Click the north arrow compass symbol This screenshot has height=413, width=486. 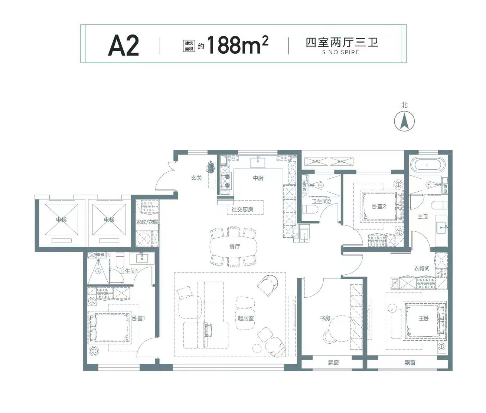coord(404,121)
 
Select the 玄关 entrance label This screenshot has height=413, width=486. coord(196,178)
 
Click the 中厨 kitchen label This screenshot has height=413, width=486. coord(258,178)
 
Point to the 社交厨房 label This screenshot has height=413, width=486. coord(242,209)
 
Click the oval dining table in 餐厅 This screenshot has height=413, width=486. coord(233,247)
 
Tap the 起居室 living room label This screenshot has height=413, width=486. coord(246,318)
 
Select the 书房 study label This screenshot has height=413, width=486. coord(325,318)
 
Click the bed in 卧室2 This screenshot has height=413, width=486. coord(379,206)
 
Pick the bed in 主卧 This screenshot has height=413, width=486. coord(424,320)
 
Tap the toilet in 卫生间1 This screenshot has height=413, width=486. coord(120,260)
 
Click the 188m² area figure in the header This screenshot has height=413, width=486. coord(238,44)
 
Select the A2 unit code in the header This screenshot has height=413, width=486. coord(123,45)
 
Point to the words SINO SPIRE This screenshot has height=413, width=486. coord(341,52)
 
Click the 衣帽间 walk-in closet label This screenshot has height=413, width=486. coord(421,268)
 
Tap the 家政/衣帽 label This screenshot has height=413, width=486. coord(147,222)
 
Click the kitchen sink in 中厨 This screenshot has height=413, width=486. coord(258,162)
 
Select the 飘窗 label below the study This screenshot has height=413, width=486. coord(333,363)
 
